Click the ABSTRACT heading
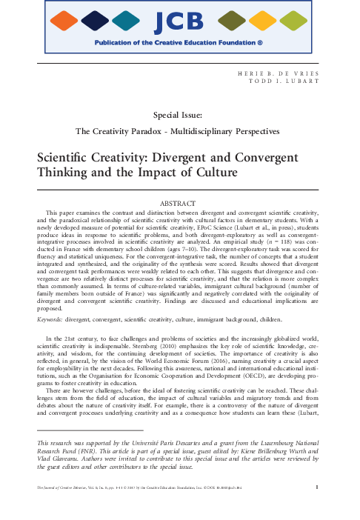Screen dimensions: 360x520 click(179, 203)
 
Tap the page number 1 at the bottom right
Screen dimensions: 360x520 click(337, 507)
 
